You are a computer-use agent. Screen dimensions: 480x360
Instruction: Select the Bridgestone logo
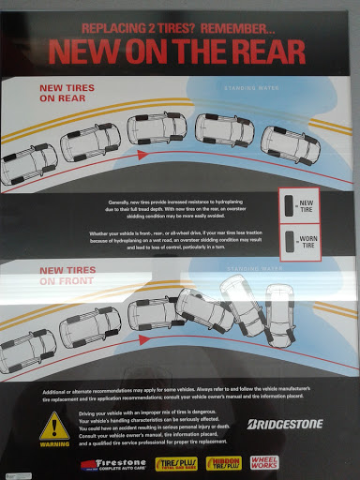284,424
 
